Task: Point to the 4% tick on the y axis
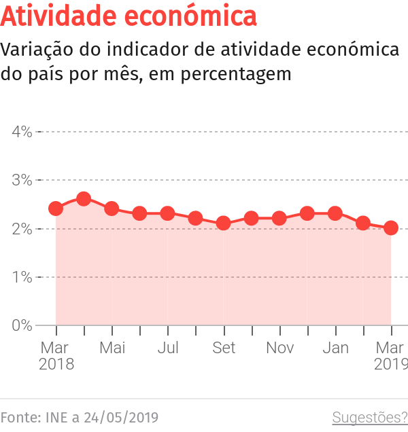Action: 22,131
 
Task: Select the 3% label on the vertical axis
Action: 22,180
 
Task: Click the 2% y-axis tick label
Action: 22,228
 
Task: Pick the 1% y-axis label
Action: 22,277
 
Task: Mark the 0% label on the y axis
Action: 22,325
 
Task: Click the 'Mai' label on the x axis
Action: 112,348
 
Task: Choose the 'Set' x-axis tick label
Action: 224,348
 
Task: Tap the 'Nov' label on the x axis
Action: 279,348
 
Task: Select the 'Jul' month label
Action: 168,348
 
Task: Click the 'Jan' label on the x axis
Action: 335,348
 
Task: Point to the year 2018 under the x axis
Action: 56,365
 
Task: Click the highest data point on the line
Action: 84,199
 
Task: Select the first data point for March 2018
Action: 56,209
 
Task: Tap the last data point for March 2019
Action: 391,228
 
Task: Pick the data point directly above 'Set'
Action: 224,223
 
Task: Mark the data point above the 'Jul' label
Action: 168,213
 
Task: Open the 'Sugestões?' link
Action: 369,416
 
